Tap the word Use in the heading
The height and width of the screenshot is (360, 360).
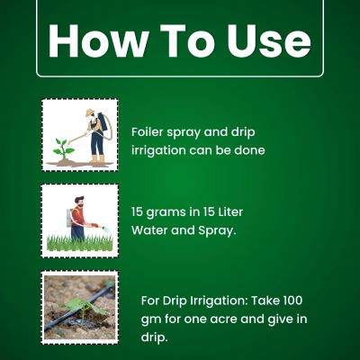pos(269,40)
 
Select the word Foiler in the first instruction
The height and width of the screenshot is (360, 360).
pos(147,132)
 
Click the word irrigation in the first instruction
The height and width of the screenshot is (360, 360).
pos(158,150)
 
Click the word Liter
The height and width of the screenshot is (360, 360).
pos(229,212)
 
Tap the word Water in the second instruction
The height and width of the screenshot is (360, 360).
pos(148,230)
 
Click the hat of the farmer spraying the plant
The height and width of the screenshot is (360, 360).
pos(90,112)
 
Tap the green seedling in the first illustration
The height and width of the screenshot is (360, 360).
pos(63,148)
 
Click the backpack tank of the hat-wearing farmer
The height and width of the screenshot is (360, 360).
pos(103,121)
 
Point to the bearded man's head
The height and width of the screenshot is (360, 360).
pos(79,201)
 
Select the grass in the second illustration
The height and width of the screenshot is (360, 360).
pos(80,243)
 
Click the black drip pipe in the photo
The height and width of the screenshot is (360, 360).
pos(78,308)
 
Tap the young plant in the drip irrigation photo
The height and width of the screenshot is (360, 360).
pos(83,309)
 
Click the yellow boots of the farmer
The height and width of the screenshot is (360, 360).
pos(97,159)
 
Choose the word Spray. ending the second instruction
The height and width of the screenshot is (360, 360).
pos(217,231)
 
